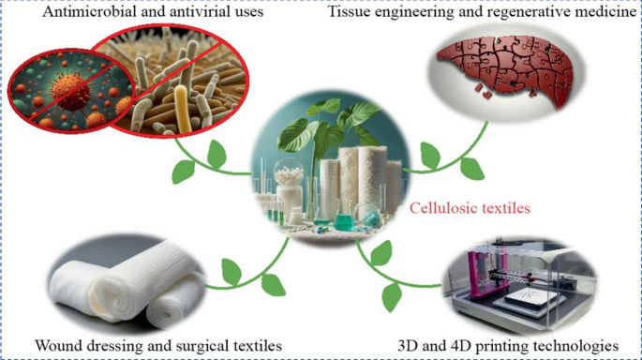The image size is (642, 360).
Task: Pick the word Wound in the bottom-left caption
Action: (57, 344)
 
